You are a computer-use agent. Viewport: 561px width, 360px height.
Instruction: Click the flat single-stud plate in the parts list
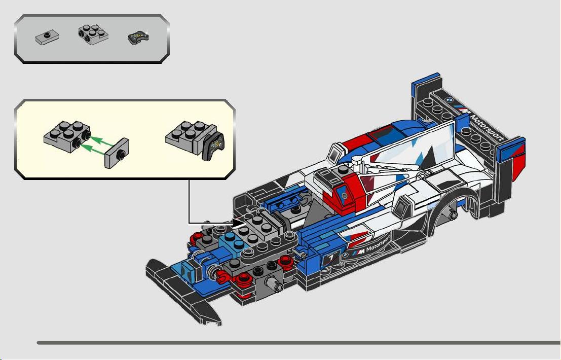pyautogui.click(x=47, y=37)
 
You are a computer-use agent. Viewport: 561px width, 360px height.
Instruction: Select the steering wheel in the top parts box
pyautogui.click(x=138, y=37)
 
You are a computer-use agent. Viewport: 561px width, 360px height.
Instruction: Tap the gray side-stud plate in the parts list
pyautogui.click(x=93, y=34)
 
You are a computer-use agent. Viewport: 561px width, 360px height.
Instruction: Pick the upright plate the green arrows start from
pyautogui.click(x=117, y=153)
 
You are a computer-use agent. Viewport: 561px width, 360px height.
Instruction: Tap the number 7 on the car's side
pyautogui.click(x=331, y=257)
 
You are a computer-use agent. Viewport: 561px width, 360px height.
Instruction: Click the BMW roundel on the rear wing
pyautogui.click(x=450, y=100)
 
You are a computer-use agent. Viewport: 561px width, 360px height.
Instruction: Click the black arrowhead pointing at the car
pyautogui.click(x=239, y=223)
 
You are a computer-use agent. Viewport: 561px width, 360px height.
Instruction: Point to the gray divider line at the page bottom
pyautogui.click(x=299, y=343)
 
